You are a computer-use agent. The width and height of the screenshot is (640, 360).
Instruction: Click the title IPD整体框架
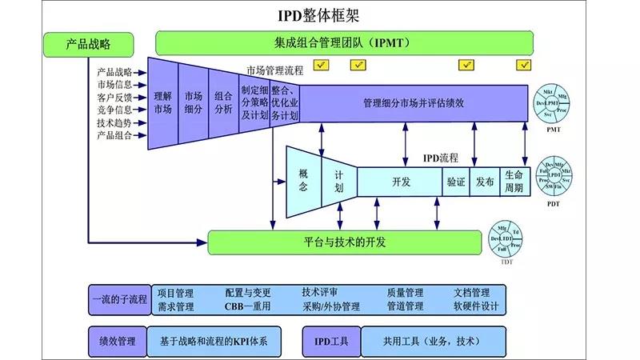point(320,15)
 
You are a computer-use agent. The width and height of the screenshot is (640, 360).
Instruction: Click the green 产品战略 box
point(86,44)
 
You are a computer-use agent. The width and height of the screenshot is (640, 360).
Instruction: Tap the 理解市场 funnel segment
point(162,103)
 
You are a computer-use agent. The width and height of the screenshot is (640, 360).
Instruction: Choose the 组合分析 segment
point(223,103)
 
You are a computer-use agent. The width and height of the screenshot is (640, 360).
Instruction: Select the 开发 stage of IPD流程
point(401,182)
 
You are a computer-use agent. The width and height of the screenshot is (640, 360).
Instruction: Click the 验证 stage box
point(455,182)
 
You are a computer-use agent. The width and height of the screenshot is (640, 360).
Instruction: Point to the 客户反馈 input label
point(114,98)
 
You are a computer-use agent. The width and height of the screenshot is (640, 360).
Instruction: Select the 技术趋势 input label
point(114,123)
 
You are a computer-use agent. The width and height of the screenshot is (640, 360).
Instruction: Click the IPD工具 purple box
point(331,341)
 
